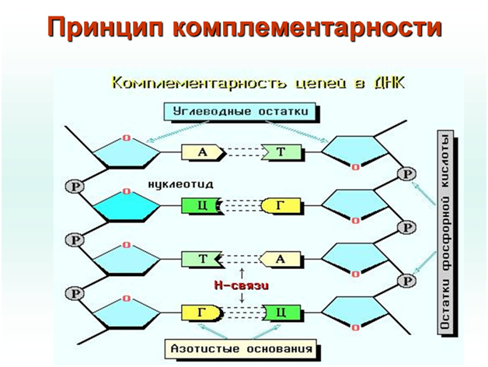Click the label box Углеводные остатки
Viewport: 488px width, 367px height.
(x=242, y=111)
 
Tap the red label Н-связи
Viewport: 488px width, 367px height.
(x=241, y=285)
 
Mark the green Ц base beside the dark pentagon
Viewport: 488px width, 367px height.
(x=200, y=206)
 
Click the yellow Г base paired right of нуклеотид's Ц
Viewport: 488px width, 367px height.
(x=279, y=206)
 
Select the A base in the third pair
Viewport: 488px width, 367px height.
(x=281, y=259)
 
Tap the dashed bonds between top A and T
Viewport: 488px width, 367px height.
(x=240, y=152)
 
